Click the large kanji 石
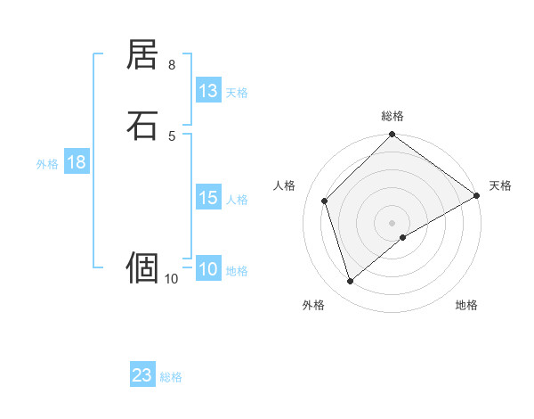click(143, 126)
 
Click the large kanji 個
click(143, 267)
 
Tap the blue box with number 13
click(208, 91)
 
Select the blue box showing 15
click(208, 198)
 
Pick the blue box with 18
click(77, 162)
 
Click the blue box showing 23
click(142, 375)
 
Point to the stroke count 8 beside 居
click(172, 65)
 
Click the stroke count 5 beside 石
click(172, 136)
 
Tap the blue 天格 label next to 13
click(237, 93)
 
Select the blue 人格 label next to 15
click(238, 200)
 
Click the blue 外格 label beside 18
click(47, 164)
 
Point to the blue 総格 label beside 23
click(171, 377)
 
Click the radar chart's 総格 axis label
click(392, 116)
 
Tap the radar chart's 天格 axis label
click(500, 185)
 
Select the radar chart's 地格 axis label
click(466, 306)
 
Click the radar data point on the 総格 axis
click(392, 136)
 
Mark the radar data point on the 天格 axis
click(477, 195)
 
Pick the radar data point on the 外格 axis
click(350, 282)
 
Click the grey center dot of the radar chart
click(392, 223)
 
